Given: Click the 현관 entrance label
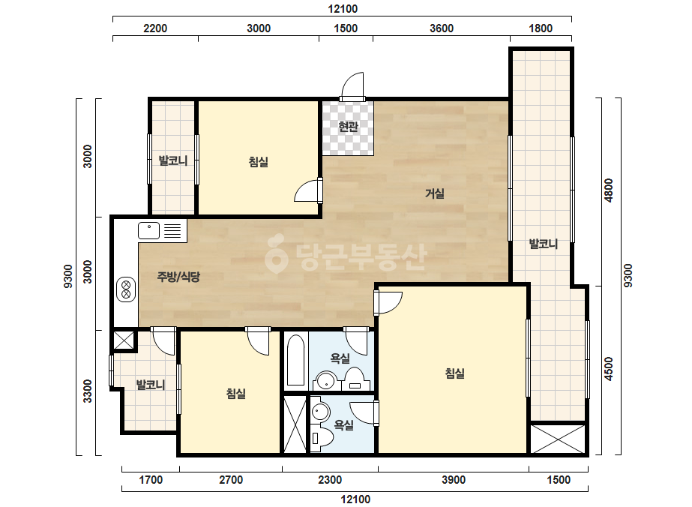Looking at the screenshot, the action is [348, 127].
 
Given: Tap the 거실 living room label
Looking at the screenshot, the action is [435, 193].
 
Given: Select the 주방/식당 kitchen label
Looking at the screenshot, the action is [178, 277].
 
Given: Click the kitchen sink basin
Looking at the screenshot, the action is [148, 230].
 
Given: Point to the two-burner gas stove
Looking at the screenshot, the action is [126, 289].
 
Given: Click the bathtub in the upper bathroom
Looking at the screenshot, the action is [295, 361].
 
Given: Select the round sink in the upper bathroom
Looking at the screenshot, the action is [326, 381].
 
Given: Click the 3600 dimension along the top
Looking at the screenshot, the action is [442, 28].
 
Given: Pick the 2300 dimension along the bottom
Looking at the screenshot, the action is [330, 479].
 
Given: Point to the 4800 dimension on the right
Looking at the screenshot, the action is [609, 190].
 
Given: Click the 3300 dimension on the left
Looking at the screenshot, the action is [88, 391].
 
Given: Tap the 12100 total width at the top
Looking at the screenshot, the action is [343, 9].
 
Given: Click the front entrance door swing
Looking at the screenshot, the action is [352, 86].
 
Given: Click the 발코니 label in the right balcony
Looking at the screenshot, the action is [544, 244].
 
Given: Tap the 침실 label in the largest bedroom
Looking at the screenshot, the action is [455, 373].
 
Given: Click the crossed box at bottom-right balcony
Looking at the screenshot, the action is [558, 439].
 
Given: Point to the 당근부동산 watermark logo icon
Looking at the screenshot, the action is [277, 253].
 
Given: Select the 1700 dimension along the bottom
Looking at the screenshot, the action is [151, 479].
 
